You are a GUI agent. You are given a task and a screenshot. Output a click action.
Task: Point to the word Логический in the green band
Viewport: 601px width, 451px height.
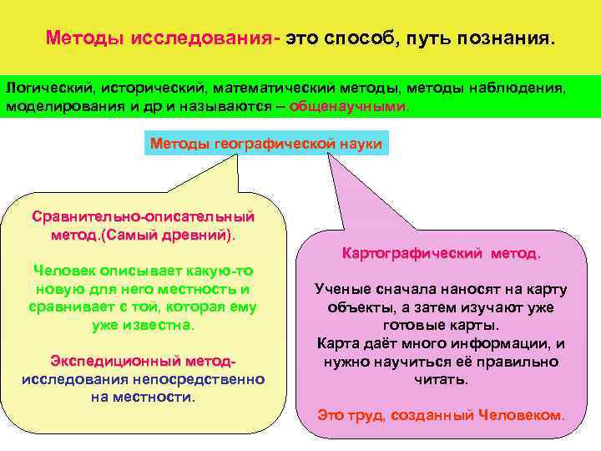click(49, 88)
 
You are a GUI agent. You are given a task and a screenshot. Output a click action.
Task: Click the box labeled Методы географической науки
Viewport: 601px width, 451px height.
click(265, 144)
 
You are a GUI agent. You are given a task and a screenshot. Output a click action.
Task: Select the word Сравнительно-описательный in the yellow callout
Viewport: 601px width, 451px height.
click(144, 216)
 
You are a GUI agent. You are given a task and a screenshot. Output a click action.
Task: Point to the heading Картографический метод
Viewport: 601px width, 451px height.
click(442, 251)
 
